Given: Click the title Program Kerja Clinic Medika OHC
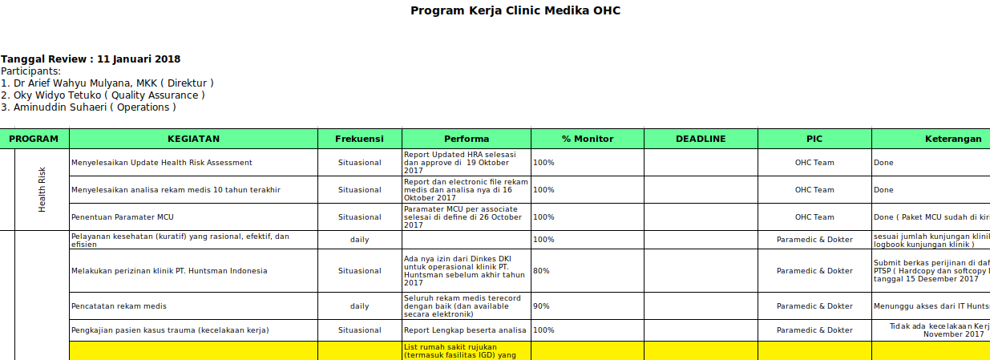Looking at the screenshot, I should click(515, 11).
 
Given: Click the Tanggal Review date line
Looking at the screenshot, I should click(91, 59).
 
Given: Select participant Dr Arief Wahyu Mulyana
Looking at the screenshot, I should click(107, 83).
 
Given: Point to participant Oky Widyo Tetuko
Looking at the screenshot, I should click(103, 95).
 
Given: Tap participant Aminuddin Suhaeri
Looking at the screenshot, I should click(88, 107).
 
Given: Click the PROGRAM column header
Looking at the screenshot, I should click(34, 139).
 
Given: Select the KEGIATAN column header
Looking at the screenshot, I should click(193, 139).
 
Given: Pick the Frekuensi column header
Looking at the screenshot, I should click(359, 139).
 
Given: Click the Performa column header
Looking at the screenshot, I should click(467, 139).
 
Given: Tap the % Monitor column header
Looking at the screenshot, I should click(587, 139).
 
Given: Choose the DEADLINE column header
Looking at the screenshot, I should click(701, 139).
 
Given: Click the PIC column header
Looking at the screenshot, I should click(814, 139).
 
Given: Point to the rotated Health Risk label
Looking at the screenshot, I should click(42, 189).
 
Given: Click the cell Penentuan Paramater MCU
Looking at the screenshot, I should click(123, 217).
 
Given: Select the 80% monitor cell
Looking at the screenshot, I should click(542, 271).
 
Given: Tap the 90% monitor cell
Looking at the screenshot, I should click(542, 306).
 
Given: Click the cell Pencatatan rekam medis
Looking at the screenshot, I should click(119, 306).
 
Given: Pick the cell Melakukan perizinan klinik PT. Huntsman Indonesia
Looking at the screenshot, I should click(169, 271).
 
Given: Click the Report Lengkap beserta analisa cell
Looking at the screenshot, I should click(465, 330).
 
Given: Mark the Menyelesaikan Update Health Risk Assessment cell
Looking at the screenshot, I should click(162, 163).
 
